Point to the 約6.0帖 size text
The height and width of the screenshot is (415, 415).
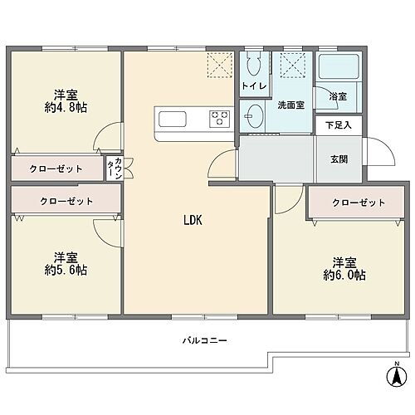point(344,274)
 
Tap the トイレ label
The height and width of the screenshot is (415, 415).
point(251,86)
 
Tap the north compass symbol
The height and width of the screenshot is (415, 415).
point(396,376)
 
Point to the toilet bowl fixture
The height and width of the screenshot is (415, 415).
point(253,65)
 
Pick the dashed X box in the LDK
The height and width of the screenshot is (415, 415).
point(220,63)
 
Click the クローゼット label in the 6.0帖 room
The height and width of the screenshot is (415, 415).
point(359,203)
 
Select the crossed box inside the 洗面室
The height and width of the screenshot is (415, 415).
point(292,64)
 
